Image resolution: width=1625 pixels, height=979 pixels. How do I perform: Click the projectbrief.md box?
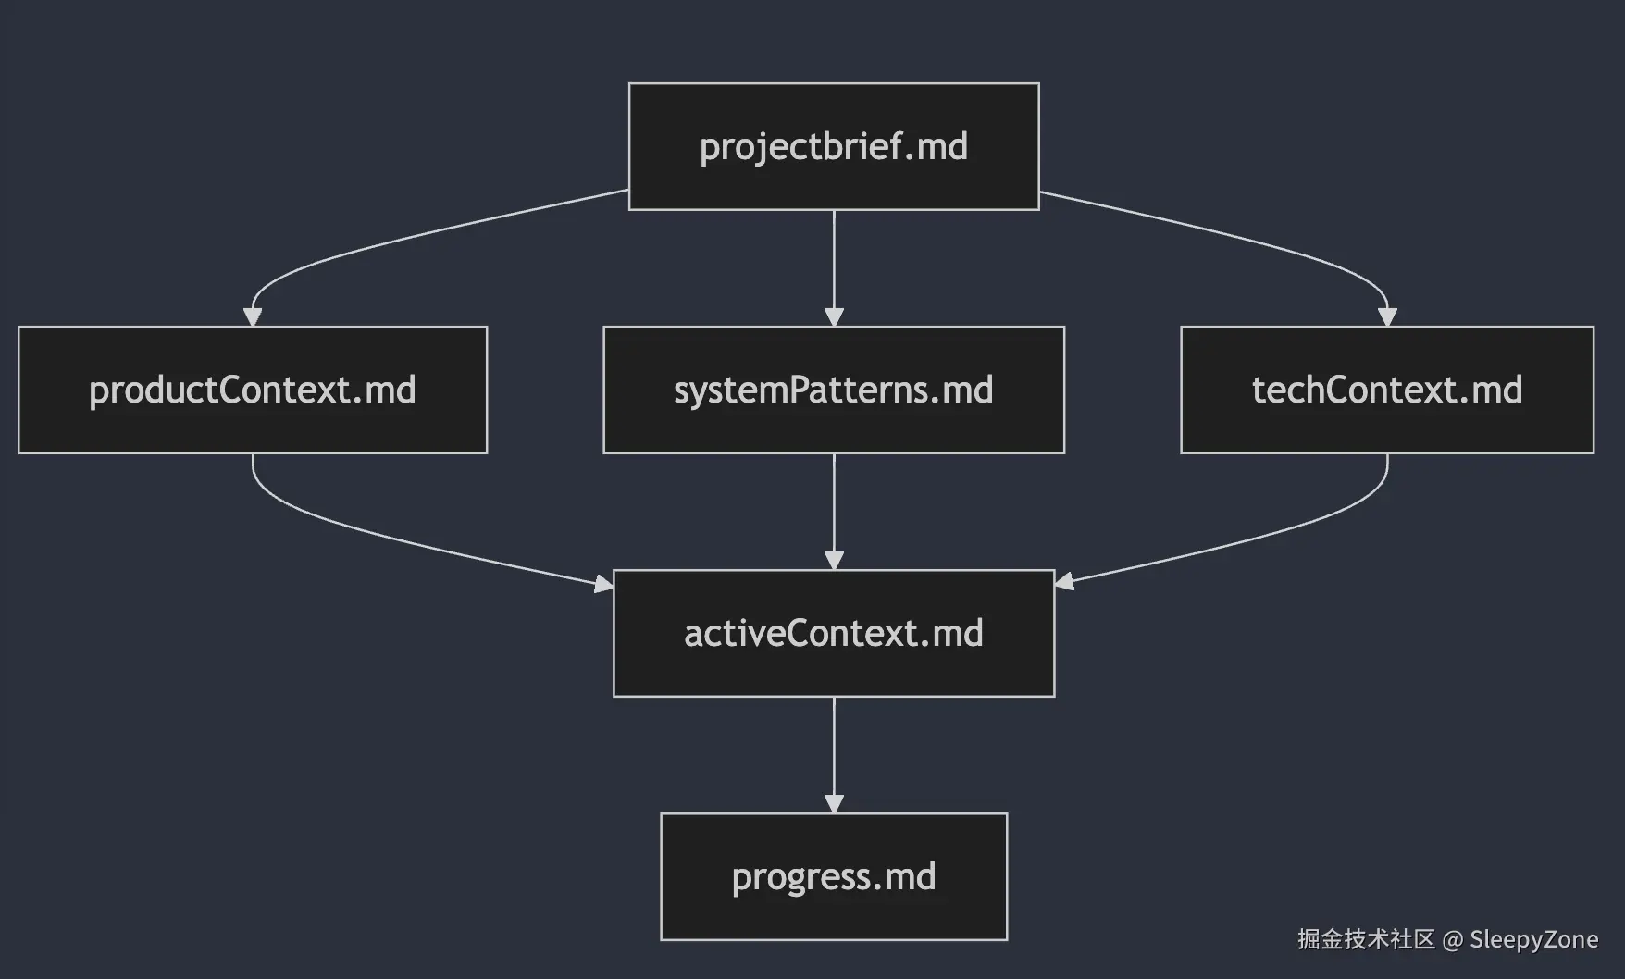pos(834,146)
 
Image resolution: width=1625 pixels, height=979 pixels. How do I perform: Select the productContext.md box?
pos(253,390)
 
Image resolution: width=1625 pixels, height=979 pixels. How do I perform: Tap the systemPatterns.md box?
pos(834,390)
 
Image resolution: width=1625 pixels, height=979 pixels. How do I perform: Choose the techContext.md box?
pos(1387,390)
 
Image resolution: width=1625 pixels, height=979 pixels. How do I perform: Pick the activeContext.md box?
pos(834,633)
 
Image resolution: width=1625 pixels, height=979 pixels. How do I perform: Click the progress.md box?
pos(834,876)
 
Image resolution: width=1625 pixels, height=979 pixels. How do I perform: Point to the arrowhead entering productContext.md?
pos(253,317)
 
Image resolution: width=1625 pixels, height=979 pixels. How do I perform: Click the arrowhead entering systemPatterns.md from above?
pos(834,317)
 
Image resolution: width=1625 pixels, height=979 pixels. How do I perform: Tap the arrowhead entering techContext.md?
pos(1387,317)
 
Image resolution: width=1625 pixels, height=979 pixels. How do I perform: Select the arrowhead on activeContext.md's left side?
pos(603,583)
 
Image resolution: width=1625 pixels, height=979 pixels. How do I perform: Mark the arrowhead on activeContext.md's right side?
pos(1064,581)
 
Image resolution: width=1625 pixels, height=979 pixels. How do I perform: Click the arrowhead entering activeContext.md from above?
pos(834,561)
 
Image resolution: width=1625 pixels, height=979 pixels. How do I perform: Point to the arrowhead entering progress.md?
pos(834,804)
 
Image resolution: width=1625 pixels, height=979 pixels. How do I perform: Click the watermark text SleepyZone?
pos(1533,939)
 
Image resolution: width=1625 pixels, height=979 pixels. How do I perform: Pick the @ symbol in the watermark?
pos(1452,940)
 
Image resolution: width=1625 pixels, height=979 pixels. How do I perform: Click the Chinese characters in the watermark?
pos(1366,939)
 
